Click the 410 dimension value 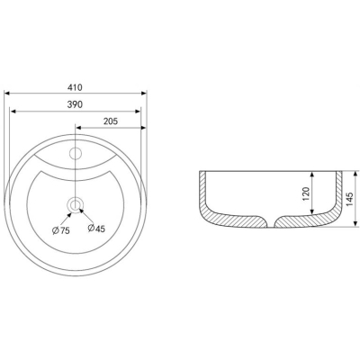coord(75,87)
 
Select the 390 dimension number coord(75,104)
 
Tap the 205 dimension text coord(111,121)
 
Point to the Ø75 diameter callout coord(61,230)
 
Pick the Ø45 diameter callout coord(96,229)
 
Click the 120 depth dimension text coord(306,193)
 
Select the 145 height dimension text coord(350,199)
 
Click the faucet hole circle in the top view coord(76,153)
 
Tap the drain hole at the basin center coord(75,205)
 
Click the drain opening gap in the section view coord(271,222)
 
